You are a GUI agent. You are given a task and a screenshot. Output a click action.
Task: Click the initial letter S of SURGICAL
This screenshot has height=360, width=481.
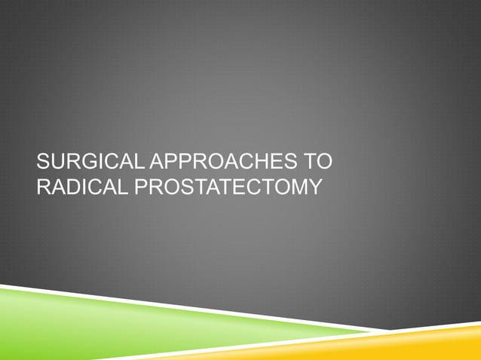[43, 163]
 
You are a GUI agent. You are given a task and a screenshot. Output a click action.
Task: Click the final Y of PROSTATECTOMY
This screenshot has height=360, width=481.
[314, 186]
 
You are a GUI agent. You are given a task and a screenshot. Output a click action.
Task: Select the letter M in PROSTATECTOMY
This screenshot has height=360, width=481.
[299, 186]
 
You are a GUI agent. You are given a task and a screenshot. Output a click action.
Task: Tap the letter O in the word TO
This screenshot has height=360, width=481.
[325, 163]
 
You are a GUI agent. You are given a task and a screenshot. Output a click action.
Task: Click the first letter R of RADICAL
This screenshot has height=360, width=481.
[44, 186]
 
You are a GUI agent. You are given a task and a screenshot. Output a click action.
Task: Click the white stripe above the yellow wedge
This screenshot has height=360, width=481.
[422, 328]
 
